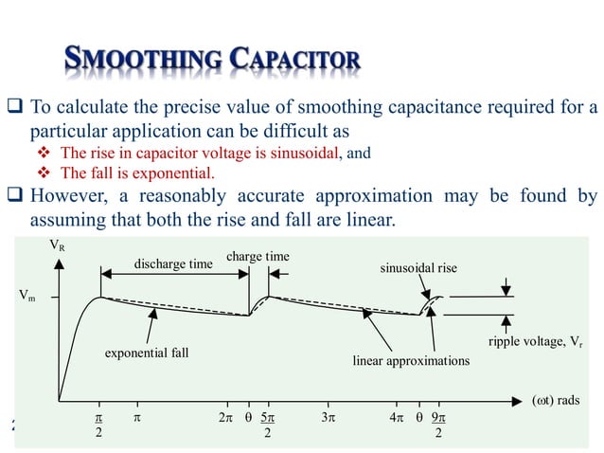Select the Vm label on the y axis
pos(28,296)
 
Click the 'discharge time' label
pos(172,263)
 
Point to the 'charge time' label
pos(258,256)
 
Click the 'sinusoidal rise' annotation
pos(418,268)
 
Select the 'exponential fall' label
pos(147,353)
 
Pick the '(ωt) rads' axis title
pos(555,400)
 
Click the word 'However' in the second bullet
pos(73,197)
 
